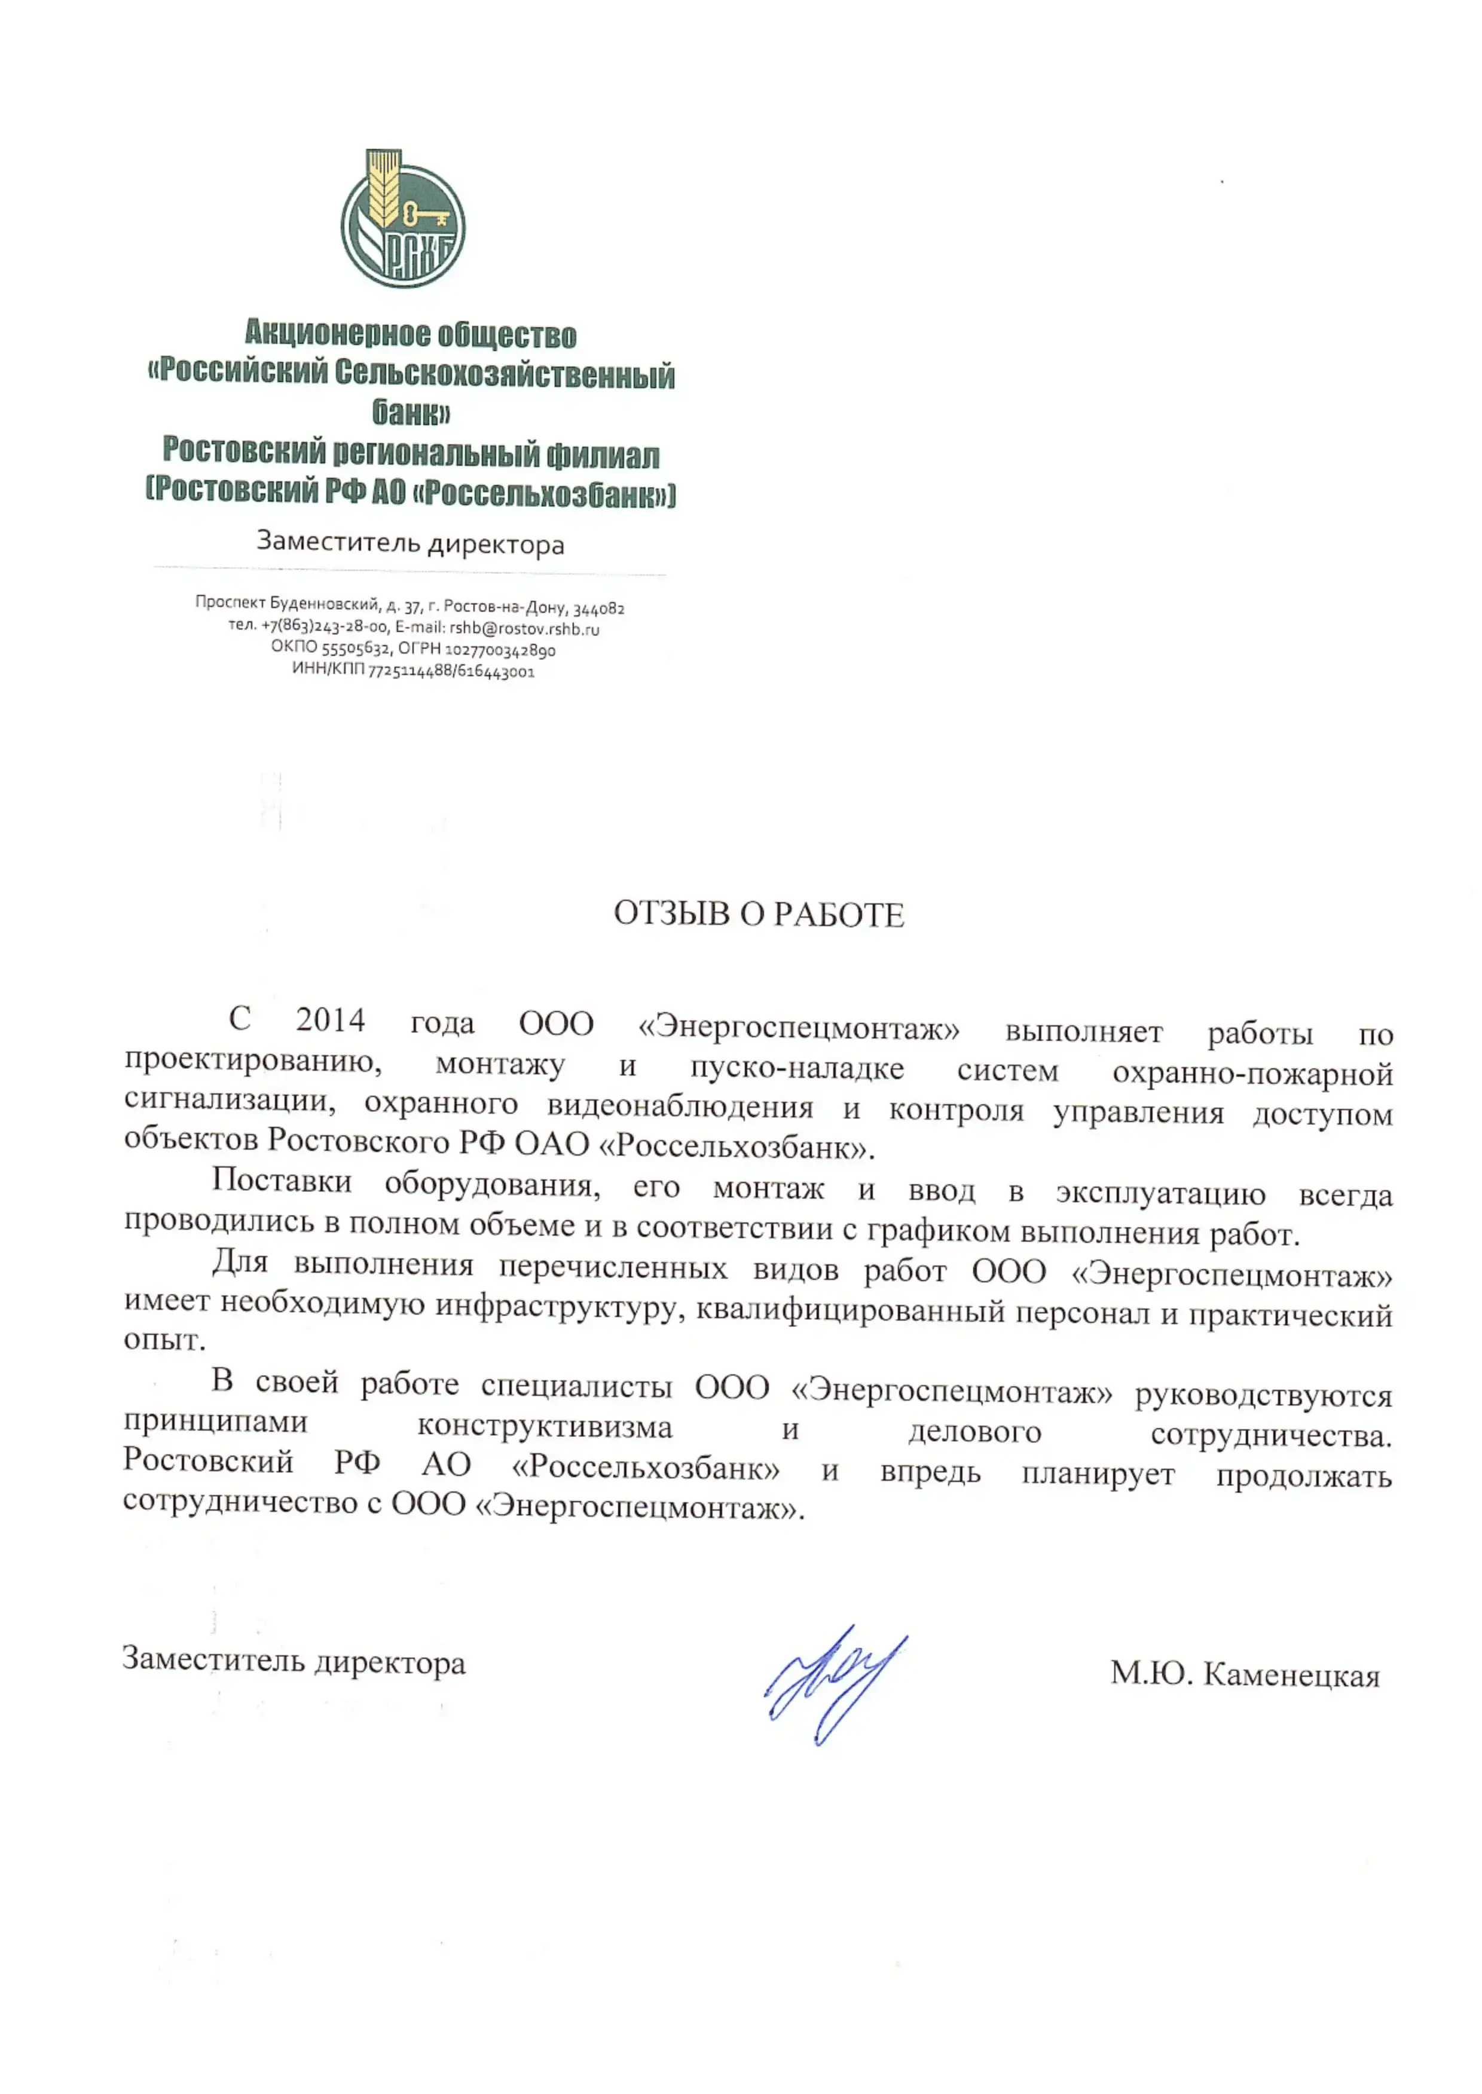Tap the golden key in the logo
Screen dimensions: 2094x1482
[x=425, y=215]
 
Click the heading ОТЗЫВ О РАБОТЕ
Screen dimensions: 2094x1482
[x=759, y=914]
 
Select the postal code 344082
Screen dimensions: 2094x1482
[x=598, y=609]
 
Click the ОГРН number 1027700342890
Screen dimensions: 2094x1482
[x=500, y=650]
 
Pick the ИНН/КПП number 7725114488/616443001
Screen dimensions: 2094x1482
[x=451, y=671]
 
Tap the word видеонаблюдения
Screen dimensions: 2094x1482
[x=680, y=1108]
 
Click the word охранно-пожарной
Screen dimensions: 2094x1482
[x=1252, y=1074]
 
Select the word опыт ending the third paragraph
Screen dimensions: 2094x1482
[x=163, y=1340]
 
